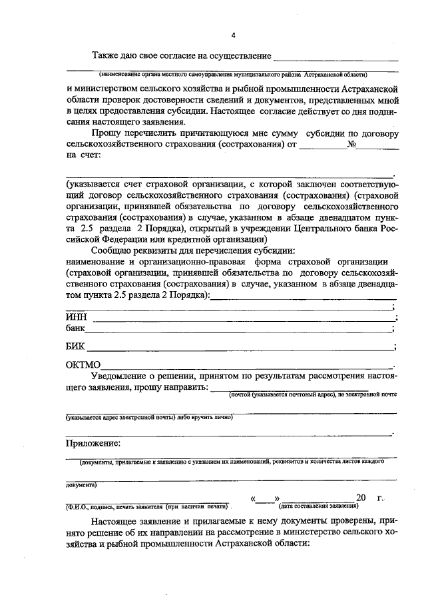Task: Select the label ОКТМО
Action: pyautogui.click(x=83, y=365)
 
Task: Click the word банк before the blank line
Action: pyautogui.click(x=76, y=328)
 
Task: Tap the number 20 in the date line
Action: pyautogui.click(x=361, y=497)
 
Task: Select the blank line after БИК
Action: pyautogui.click(x=240, y=348)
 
